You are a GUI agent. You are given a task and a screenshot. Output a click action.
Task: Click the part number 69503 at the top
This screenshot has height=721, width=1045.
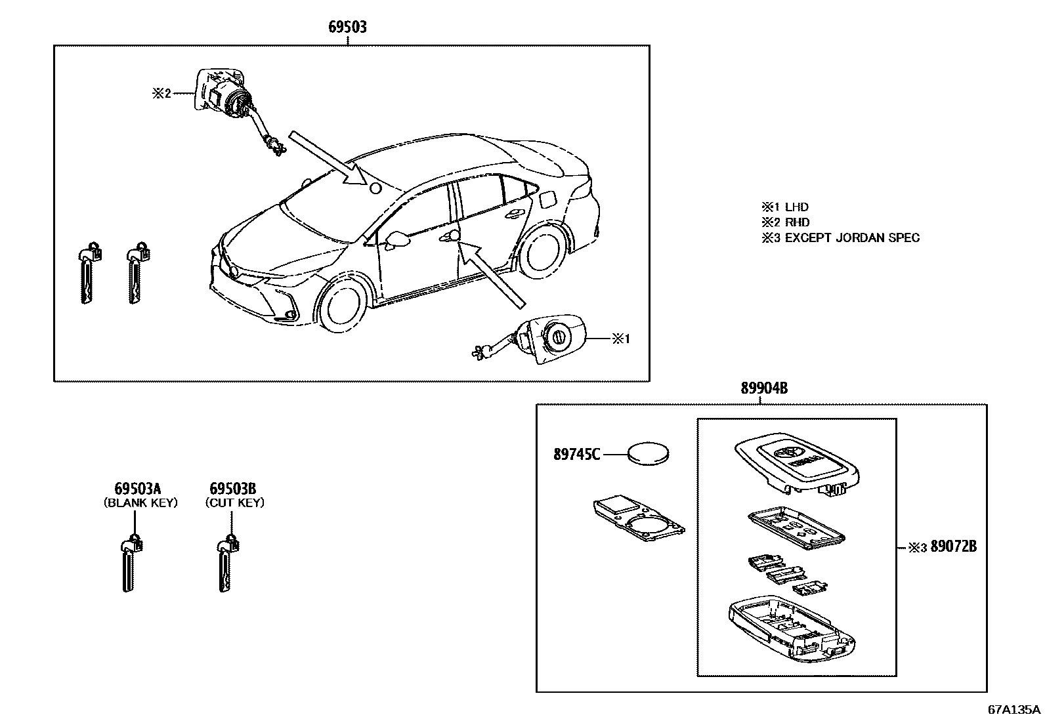point(347,27)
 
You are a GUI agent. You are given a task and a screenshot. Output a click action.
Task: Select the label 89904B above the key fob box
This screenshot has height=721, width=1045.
point(764,388)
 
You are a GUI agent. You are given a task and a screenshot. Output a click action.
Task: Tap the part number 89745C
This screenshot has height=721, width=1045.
point(576,454)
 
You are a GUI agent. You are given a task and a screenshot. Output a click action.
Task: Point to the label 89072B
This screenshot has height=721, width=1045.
point(953,546)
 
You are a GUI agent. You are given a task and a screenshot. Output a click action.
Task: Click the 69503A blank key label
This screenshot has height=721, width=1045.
point(138,489)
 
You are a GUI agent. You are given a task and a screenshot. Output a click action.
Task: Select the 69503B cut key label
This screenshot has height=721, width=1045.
point(232,489)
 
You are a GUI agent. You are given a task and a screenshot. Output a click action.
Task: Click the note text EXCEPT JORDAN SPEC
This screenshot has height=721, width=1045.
point(852,238)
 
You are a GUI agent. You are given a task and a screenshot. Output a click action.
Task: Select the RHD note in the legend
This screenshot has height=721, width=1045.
point(797,222)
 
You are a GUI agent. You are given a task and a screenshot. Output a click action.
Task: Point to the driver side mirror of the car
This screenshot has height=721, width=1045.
point(398,239)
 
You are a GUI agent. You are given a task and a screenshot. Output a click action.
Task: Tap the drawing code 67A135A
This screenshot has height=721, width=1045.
point(1014,709)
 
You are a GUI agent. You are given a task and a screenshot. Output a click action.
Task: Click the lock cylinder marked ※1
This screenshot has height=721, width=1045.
point(555,340)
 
